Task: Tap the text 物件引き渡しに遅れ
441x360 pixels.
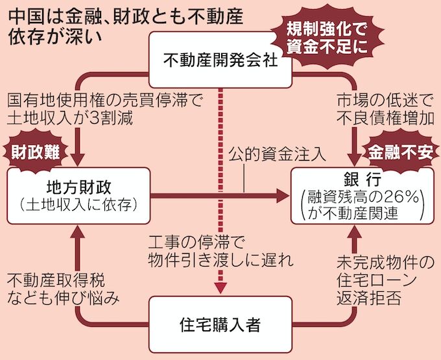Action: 220,261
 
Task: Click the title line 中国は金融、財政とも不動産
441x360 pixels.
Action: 104,15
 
